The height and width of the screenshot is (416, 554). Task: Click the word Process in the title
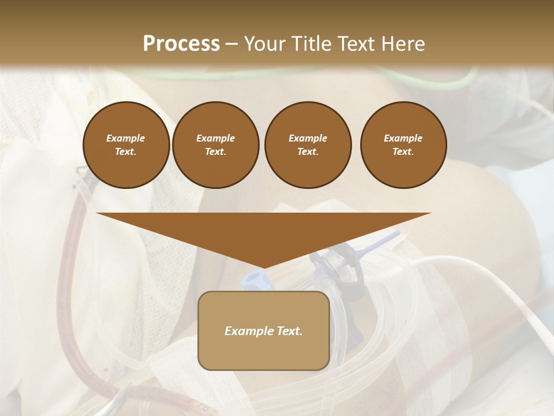pyautogui.click(x=181, y=43)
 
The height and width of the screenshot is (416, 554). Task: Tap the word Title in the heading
pyautogui.click(x=312, y=44)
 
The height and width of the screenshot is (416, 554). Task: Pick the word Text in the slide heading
pyautogui.click(x=355, y=44)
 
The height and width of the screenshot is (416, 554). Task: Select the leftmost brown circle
pyautogui.click(x=126, y=145)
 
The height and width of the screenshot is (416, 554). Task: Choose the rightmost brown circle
pyautogui.click(x=403, y=145)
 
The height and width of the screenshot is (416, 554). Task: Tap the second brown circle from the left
pyautogui.click(x=216, y=145)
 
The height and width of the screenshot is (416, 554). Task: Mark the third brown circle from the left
pyautogui.click(x=308, y=145)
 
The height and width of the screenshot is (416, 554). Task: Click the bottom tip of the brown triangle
pyautogui.click(x=264, y=266)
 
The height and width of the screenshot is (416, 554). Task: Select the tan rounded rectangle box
pyautogui.click(x=264, y=330)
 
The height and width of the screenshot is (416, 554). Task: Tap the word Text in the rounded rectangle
pyautogui.click(x=290, y=331)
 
